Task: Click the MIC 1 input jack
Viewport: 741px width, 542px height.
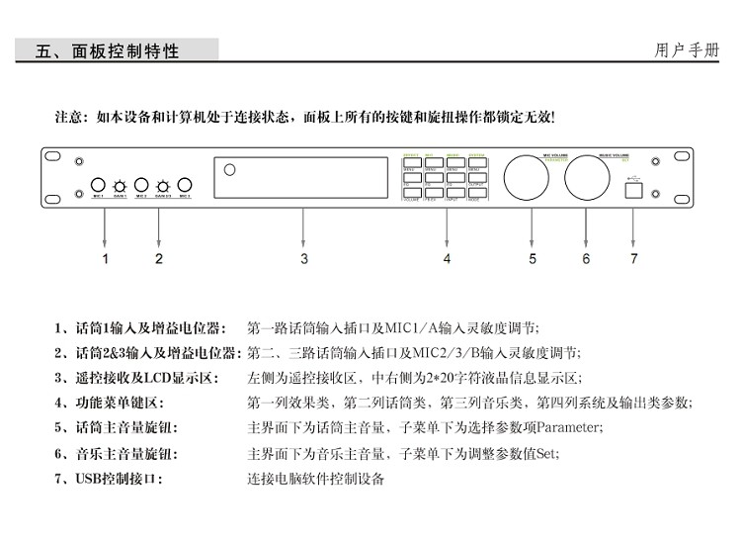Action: [99, 184]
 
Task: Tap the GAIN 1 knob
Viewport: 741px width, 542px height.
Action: [120, 185]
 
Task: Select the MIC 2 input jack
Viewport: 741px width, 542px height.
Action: [141, 184]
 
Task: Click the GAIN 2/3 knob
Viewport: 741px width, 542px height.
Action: [163, 185]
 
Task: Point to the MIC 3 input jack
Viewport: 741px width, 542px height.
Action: [185, 184]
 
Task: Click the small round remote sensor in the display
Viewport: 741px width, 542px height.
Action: [230, 170]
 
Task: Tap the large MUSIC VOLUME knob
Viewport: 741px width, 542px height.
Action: [590, 179]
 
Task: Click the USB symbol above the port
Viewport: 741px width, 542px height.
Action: [634, 178]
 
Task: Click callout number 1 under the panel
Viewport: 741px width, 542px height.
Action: [106, 259]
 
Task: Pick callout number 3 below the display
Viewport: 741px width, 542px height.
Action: [304, 259]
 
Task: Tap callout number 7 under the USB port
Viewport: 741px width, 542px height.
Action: [634, 259]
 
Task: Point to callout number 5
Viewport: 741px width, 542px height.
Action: [532, 259]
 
